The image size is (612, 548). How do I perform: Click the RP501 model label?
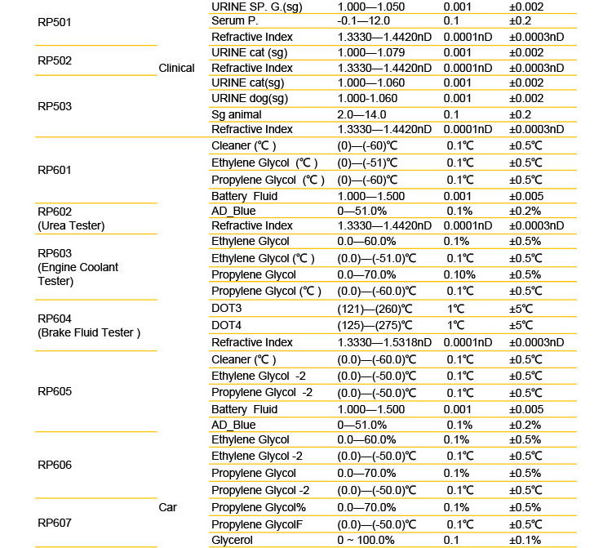coord(55,22)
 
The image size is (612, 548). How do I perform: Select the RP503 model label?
coord(55,106)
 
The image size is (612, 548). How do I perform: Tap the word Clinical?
coord(176,68)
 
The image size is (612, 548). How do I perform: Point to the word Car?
coord(167,507)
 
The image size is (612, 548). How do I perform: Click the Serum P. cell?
coord(234,20)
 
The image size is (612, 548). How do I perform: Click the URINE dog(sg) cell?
coord(250,99)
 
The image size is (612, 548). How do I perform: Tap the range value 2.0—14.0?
coord(361,114)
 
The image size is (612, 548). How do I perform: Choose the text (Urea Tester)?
coord(71,225)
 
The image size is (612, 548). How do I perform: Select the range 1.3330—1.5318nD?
coord(384,342)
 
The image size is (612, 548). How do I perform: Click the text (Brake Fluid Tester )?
coord(90,332)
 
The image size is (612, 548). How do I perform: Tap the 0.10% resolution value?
coord(460,274)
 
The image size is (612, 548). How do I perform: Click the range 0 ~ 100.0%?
coord(366,540)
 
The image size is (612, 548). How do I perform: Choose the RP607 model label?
coord(55,522)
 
